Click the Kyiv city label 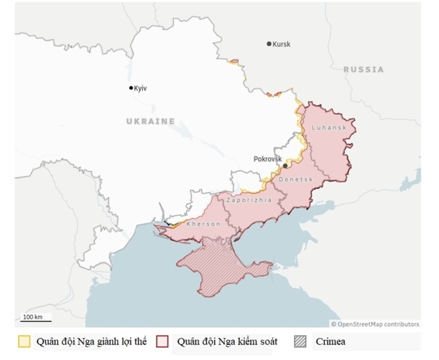coord(141,89)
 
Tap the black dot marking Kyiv coord(131,88)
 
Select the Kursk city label coord(281,45)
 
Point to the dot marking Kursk coord(269,44)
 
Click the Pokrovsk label coord(268,158)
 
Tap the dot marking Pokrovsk coord(285,165)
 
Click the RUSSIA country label coord(363,69)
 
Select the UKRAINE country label coord(150,121)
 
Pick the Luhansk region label coord(329,128)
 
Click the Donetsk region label coord(296,179)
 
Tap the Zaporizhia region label coord(249,200)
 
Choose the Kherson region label coord(203,224)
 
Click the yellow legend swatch coord(25,342)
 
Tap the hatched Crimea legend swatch coord(300,342)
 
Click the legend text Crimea coord(331,342)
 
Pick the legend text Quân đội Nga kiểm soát coord(227,342)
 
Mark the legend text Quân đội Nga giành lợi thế coord(91,342)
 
